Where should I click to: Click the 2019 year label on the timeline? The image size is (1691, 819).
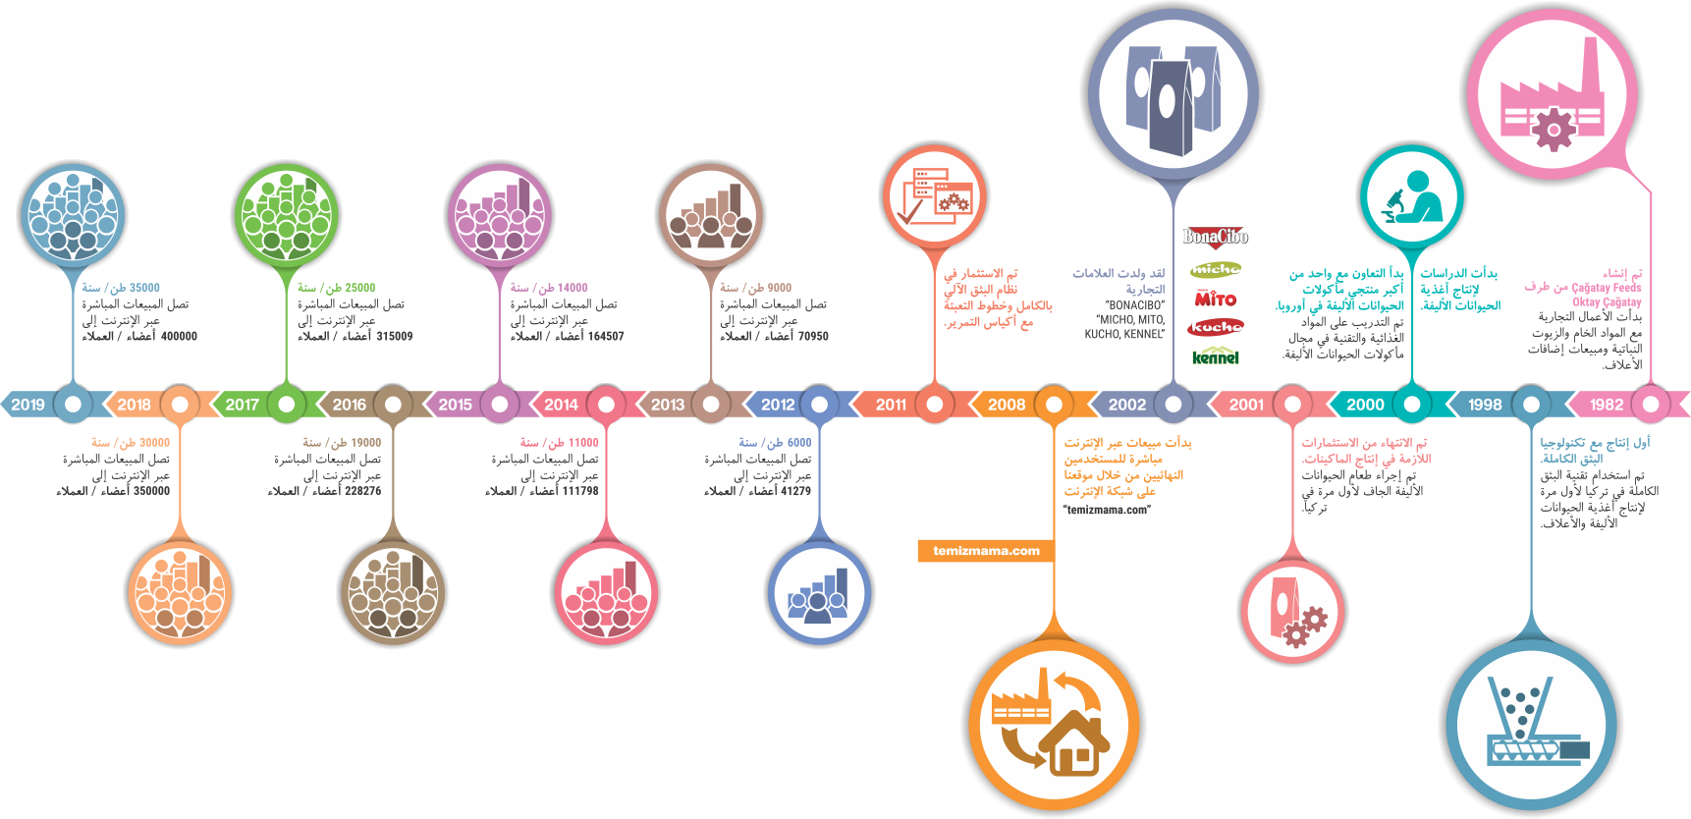pyautogui.click(x=28, y=405)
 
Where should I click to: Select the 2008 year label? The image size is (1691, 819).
pyautogui.click(x=1007, y=405)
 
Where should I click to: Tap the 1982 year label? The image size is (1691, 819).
pyautogui.click(x=1607, y=405)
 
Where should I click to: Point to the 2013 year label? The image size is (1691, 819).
pyautogui.click(x=668, y=405)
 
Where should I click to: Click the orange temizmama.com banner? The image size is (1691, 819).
pyautogui.click(x=986, y=551)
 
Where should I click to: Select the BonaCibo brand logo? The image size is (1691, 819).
pyautogui.click(x=1215, y=237)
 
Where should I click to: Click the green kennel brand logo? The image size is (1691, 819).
pyautogui.click(x=1216, y=356)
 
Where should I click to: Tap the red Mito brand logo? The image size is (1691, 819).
pyautogui.click(x=1216, y=299)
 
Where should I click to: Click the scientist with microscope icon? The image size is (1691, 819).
pyautogui.click(x=1412, y=196)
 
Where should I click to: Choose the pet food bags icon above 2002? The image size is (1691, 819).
pyautogui.click(x=1173, y=95)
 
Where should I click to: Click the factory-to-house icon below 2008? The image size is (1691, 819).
pyautogui.click(x=1052, y=721)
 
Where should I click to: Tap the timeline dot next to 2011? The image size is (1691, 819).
pyautogui.click(x=935, y=404)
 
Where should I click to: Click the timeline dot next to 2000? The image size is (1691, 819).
pyautogui.click(x=1412, y=404)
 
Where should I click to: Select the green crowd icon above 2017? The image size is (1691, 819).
pyautogui.click(x=287, y=215)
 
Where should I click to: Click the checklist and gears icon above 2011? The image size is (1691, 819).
pyautogui.click(x=935, y=195)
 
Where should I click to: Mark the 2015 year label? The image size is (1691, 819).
pyautogui.click(x=456, y=405)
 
